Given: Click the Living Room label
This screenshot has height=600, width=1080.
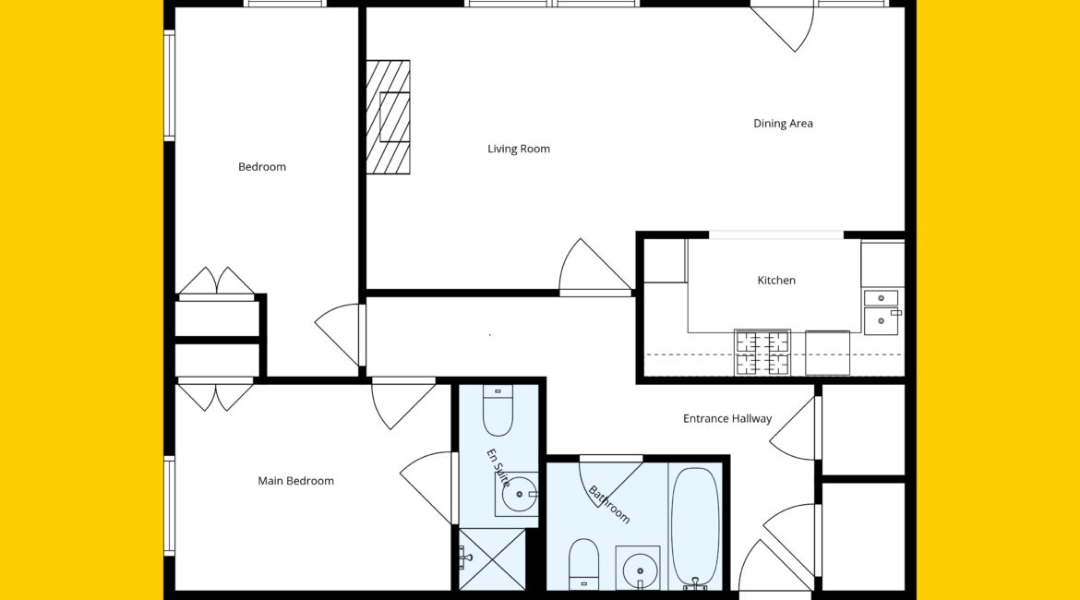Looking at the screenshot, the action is (x=519, y=149).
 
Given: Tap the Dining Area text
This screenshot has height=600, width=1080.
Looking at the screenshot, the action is (x=783, y=124).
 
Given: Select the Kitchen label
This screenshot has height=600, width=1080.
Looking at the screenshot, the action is (x=776, y=281).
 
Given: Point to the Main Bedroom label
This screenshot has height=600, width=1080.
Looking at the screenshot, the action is (x=295, y=481).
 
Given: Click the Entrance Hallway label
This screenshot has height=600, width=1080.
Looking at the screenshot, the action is (x=727, y=418).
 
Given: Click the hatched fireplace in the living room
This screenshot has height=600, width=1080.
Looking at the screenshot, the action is (x=388, y=117).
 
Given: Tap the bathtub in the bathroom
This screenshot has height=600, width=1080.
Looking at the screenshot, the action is (x=695, y=527).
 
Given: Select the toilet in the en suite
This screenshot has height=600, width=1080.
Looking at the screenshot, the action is (x=498, y=412).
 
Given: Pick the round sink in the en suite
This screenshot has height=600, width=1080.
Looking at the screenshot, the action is (x=518, y=494).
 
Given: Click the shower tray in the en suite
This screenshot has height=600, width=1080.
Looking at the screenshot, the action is (x=492, y=559).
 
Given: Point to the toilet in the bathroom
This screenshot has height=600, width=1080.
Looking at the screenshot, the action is (x=584, y=564).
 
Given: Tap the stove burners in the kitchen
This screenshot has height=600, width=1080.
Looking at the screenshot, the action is (x=762, y=353).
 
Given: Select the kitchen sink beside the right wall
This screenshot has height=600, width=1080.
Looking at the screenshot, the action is (x=882, y=313).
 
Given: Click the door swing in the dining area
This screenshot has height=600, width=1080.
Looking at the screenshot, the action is (x=783, y=28).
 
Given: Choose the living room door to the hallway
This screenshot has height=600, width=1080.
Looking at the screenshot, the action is (x=595, y=268).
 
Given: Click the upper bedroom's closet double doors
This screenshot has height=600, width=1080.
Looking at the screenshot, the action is (x=216, y=283).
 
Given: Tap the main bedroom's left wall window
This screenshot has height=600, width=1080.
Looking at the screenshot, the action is (x=169, y=505).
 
